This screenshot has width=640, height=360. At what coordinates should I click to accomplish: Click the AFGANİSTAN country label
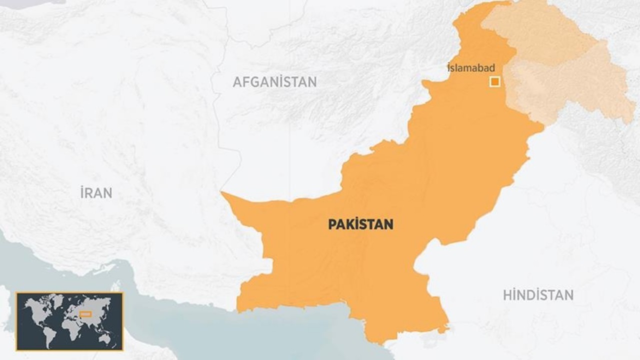tap(274, 82)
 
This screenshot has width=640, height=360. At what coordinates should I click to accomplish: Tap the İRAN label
tap(96, 192)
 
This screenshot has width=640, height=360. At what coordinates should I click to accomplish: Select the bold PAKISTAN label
tap(360, 224)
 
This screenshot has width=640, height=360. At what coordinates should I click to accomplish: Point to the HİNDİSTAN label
tap(538, 295)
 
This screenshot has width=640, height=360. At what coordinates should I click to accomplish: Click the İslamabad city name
tap(471, 68)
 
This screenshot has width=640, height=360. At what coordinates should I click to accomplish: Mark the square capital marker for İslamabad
tap(494, 81)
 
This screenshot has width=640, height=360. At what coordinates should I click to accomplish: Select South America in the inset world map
tap(49, 334)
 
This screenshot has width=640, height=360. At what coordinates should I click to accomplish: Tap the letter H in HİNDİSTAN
tap(507, 295)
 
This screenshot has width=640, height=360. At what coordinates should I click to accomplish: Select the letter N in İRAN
tap(107, 192)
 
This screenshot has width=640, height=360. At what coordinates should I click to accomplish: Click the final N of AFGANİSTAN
tap(312, 82)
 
